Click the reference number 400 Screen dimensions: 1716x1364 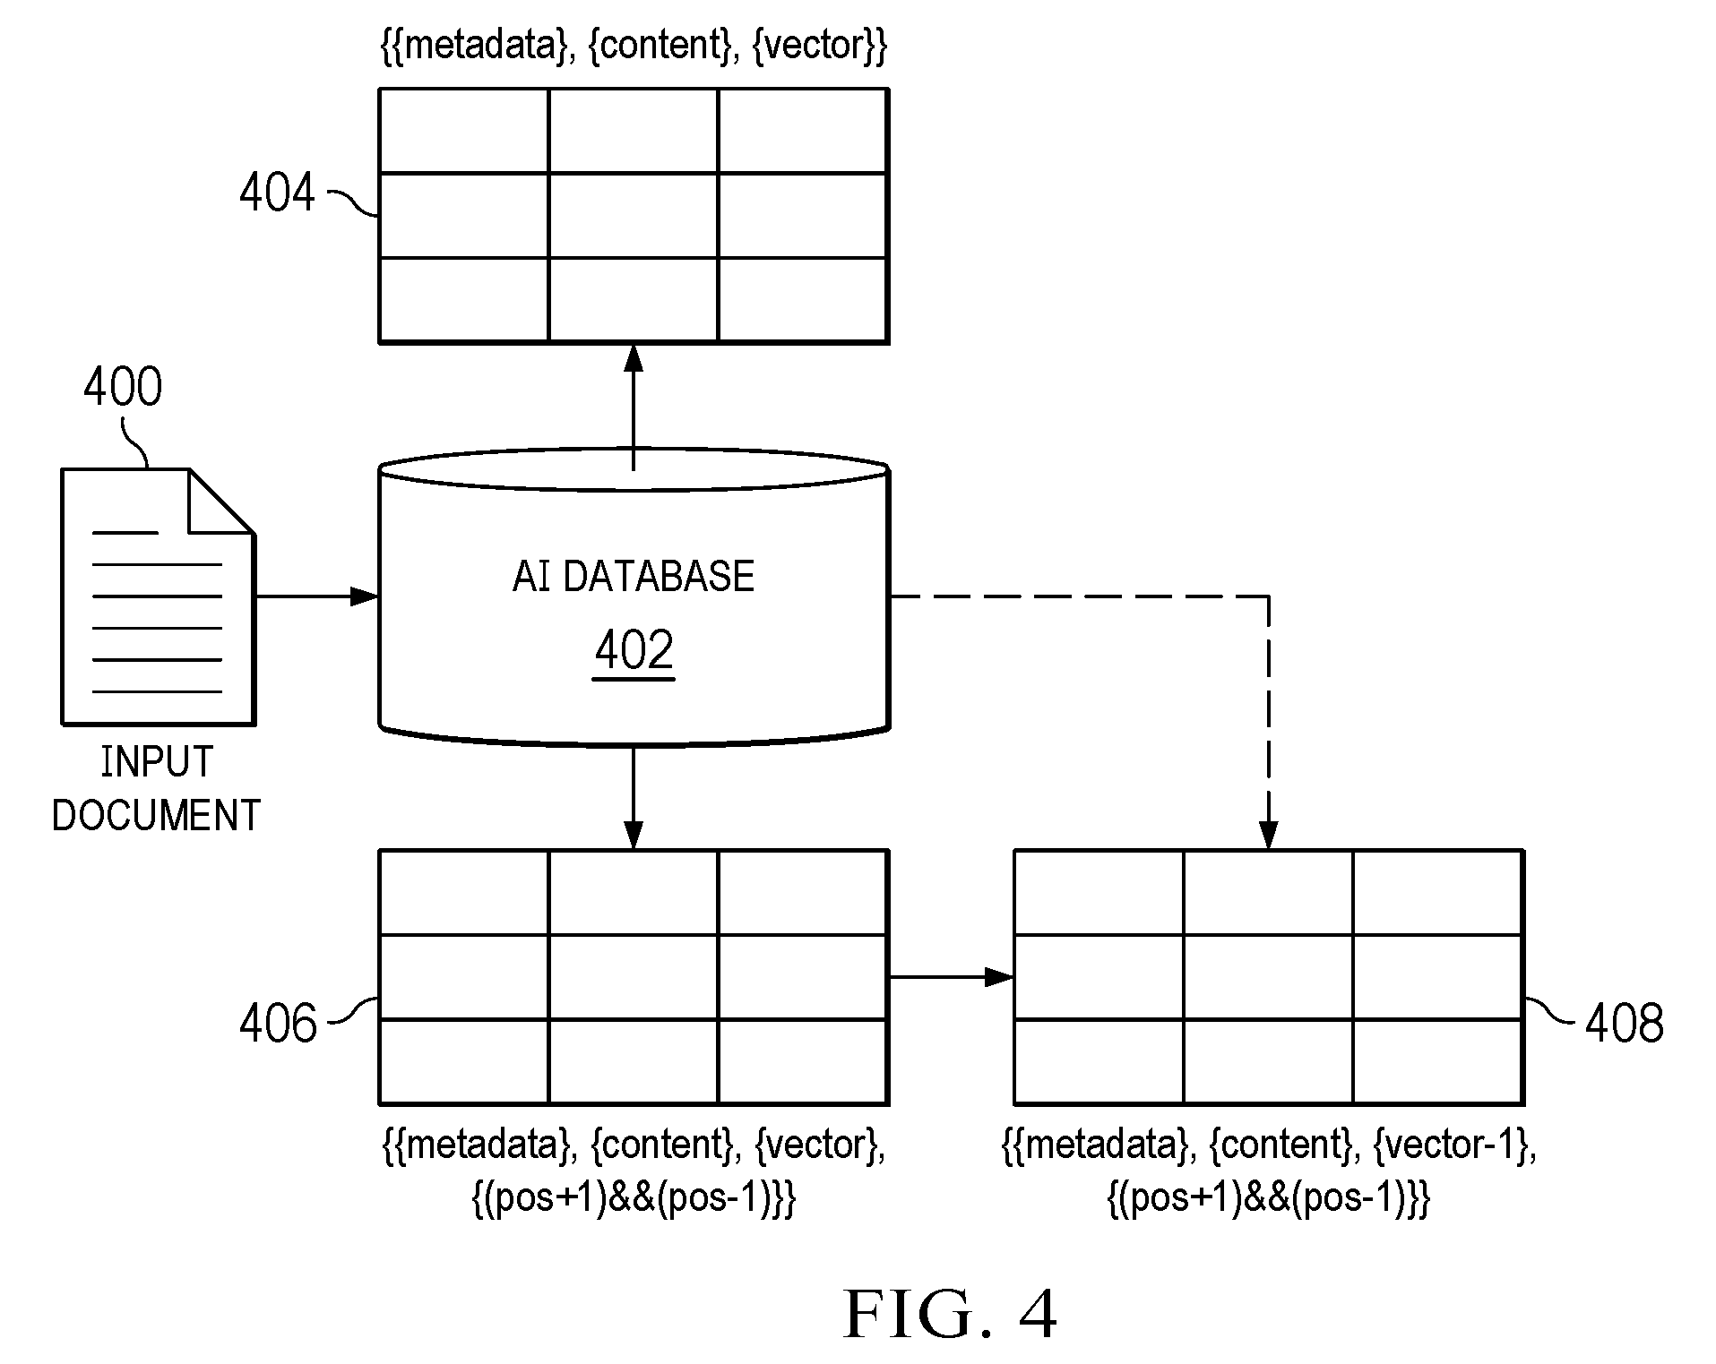(123, 387)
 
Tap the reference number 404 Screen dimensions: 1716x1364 (278, 193)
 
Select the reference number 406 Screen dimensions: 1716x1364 (278, 1023)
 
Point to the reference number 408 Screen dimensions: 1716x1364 (1625, 1023)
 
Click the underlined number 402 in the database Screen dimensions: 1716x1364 (634, 650)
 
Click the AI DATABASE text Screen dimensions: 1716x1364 (634, 576)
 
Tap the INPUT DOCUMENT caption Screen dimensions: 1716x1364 (157, 789)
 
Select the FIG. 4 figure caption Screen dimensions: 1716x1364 (951, 1314)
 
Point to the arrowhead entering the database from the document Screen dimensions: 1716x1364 (364, 596)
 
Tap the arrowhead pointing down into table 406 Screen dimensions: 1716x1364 (634, 835)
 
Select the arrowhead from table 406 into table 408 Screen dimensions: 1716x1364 (999, 977)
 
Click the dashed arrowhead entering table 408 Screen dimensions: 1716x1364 (1269, 835)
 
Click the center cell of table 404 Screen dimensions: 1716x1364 (634, 215)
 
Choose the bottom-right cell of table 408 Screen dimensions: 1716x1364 (1437, 1061)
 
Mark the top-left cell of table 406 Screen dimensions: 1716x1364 (464, 893)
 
